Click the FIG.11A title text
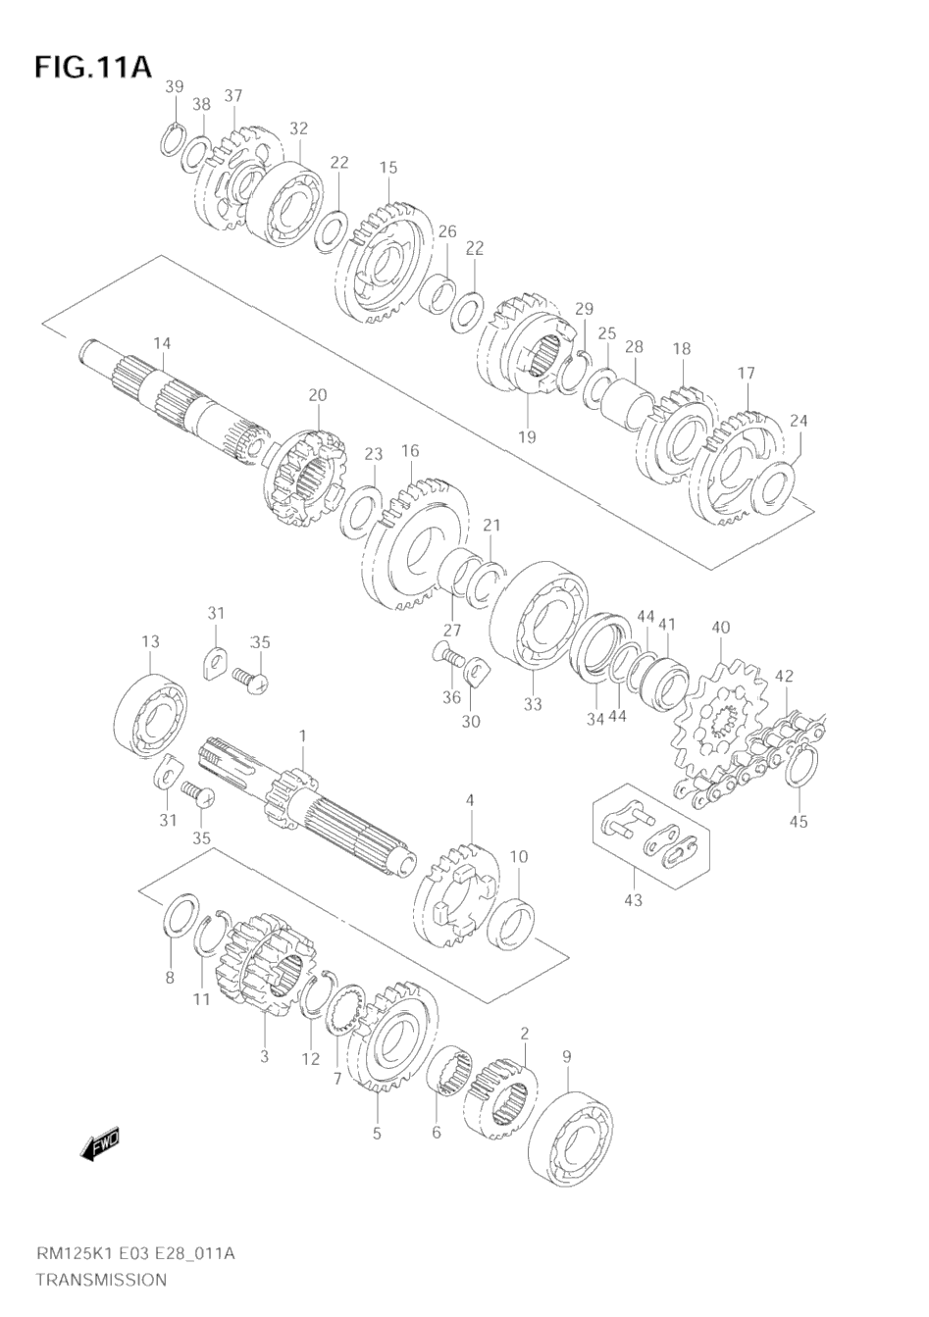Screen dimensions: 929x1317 click(x=93, y=68)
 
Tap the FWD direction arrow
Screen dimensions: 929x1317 click(x=100, y=1145)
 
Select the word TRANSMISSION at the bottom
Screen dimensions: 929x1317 click(x=101, y=1280)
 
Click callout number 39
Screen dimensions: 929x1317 click(x=174, y=87)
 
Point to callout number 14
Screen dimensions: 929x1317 click(x=162, y=343)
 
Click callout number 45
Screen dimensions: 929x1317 click(x=799, y=821)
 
